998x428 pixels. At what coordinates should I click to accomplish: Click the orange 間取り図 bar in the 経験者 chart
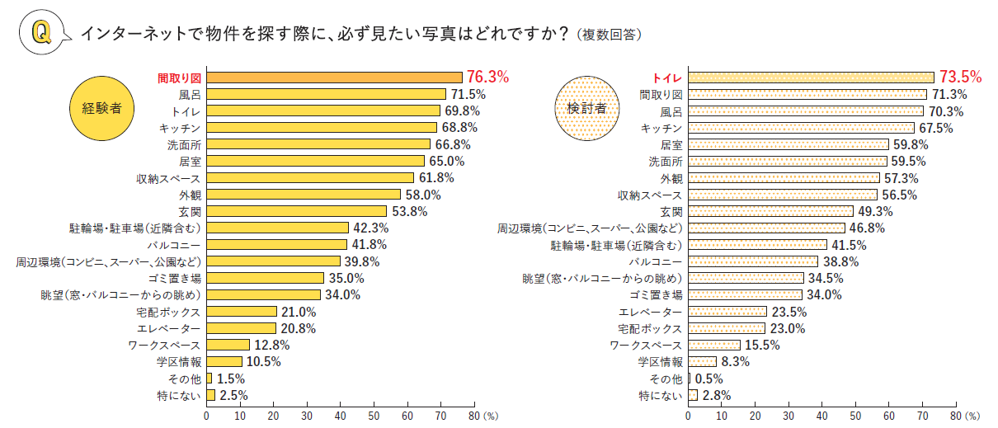pos(334,78)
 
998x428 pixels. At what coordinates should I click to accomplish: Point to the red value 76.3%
pos(487,77)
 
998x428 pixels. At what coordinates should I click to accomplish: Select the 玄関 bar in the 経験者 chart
pos(296,211)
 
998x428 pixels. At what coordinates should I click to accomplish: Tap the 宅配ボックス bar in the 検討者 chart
pos(727,328)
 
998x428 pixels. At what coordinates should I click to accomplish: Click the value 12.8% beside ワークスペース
pos(271,345)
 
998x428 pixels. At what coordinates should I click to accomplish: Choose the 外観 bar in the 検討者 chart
pos(784,177)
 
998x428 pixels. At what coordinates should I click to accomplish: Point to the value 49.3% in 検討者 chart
pos(877,211)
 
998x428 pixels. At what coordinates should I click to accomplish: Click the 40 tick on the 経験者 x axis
pos(340,416)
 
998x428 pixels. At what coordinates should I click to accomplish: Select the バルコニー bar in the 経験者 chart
pos(276,245)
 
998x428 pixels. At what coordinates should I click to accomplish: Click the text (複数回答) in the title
pos(610,35)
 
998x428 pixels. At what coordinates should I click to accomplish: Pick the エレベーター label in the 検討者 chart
pos(651,312)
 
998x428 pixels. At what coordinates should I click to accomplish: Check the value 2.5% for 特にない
pos(233,395)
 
